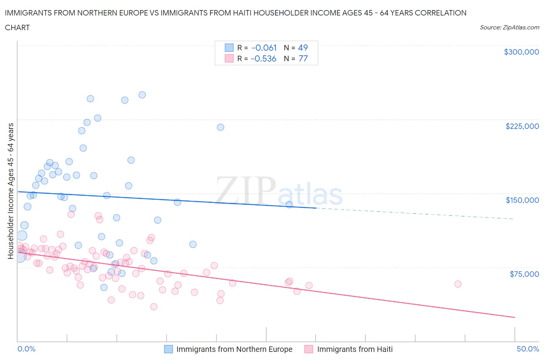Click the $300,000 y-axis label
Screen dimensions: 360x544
(x=521, y=52)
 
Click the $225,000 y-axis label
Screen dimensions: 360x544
(x=522, y=126)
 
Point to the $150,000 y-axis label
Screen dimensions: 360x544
(x=522, y=200)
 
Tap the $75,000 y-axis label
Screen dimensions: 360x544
(x=524, y=274)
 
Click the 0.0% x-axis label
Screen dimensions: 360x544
(x=26, y=349)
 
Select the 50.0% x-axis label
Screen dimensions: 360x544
(x=528, y=349)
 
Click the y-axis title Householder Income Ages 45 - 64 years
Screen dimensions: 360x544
(x=10, y=191)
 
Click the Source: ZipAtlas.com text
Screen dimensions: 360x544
(x=509, y=27)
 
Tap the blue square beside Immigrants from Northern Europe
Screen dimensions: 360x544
(x=168, y=349)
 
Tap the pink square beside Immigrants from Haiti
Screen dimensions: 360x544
(x=309, y=349)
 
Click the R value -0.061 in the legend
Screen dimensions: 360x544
(x=264, y=48)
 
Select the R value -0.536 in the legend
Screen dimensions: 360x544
(x=263, y=58)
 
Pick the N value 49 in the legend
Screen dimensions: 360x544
(x=303, y=48)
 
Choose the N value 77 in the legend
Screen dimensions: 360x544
(x=303, y=58)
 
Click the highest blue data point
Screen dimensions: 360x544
(x=142, y=95)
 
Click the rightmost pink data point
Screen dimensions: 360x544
(x=458, y=284)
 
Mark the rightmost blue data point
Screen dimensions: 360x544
(x=289, y=204)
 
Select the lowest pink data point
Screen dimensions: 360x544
(x=154, y=307)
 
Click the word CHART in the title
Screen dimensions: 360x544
(x=17, y=27)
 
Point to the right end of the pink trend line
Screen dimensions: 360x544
(x=515, y=317)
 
